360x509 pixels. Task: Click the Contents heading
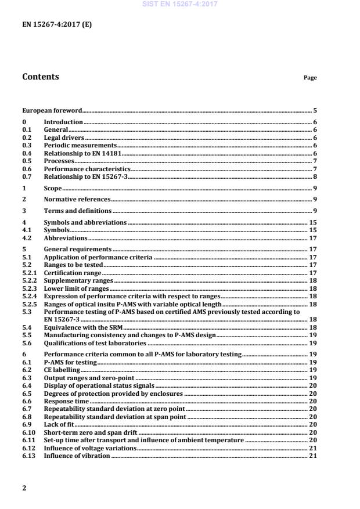[x=40, y=77]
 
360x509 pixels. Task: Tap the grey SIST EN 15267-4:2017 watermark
[x=180, y=4]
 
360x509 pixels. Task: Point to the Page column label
[x=310, y=78]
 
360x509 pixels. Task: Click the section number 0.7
[x=26, y=176]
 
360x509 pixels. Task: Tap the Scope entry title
[x=52, y=189]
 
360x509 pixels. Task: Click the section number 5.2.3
[x=30, y=288]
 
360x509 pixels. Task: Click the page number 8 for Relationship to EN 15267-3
[x=315, y=176]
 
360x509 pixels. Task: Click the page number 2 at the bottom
[x=24, y=488]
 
